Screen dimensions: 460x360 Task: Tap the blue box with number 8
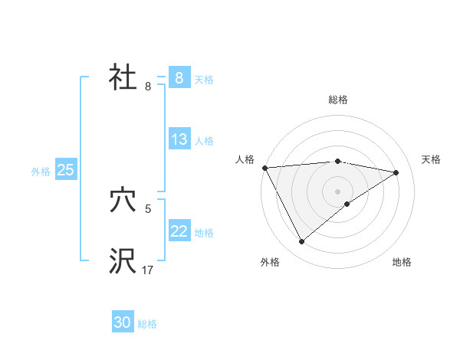click(179, 78)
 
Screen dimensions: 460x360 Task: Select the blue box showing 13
click(179, 139)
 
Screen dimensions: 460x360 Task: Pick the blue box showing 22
click(179, 231)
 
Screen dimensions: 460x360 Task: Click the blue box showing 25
click(66, 170)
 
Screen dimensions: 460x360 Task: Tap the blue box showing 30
click(123, 322)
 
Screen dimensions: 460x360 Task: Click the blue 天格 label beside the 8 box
click(204, 80)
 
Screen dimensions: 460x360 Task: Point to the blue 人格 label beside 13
click(204, 141)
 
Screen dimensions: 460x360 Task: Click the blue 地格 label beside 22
click(204, 233)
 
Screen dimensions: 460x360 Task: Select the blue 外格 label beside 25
click(41, 172)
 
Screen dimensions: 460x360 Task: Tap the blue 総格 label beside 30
click(147, 324)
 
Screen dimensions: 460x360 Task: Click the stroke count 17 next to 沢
click(147, 270)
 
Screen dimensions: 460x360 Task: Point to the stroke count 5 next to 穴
click(148, 208)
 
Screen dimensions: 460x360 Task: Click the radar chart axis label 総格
click(338, 100)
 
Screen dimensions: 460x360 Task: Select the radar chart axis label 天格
click(432, 159)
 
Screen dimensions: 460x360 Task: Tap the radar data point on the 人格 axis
click(264, 168)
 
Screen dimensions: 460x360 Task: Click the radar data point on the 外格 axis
click(302, 242)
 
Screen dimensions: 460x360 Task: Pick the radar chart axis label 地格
click(402, 262)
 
